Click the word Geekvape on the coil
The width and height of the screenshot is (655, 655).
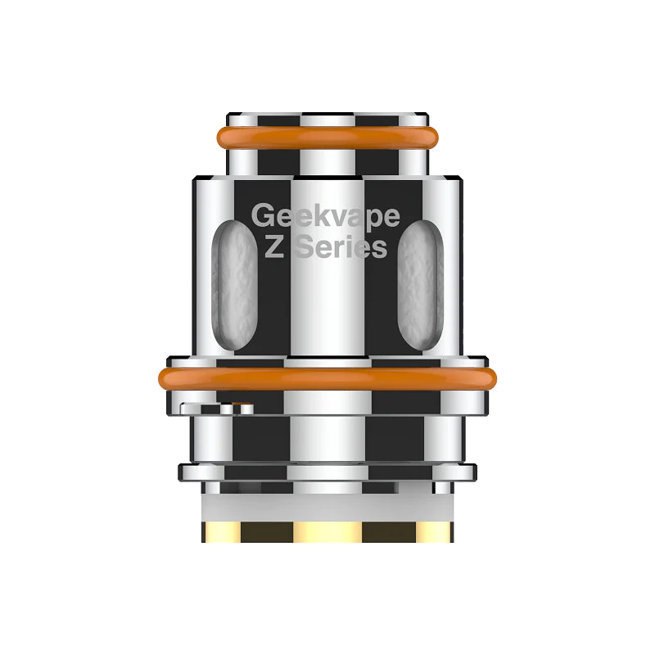[x=326, y=216]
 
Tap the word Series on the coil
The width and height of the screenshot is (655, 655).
[x=340, y=247]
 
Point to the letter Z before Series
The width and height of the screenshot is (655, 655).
[x=274, y=247]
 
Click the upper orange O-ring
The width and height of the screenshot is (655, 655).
[x=327, y=138]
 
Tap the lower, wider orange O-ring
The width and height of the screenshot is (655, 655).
[x=327, y=378]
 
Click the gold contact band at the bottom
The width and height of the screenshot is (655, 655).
[x=327, y=531]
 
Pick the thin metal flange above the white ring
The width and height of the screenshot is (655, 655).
[x=327, y=472]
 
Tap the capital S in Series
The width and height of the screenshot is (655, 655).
[x=304, y=247]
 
